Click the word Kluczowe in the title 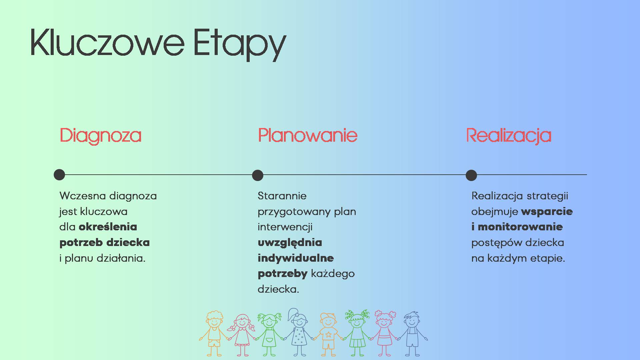point(107,42)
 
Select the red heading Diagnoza point(100,136)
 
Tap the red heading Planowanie point(307,135)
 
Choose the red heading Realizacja point(509,136)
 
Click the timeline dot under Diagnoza point(59,175)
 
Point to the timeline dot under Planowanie point(258,175)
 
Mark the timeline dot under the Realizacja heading point(471,175)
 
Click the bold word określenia point(108,227)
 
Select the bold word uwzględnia point(290,243)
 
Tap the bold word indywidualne point(296,258)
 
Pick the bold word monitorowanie point(520,227)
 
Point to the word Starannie point(282,196)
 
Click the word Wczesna point(83,196)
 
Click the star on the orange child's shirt point(328,334)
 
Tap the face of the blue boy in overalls point(412,322)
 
